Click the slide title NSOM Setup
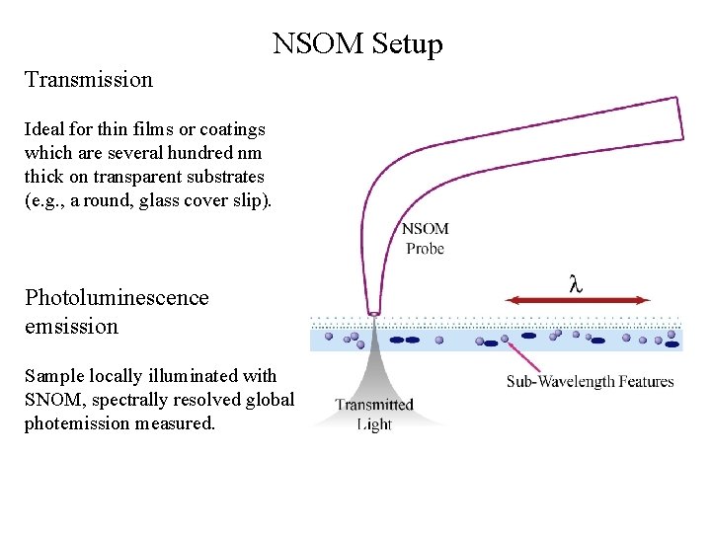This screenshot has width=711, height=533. [x=357, y=44]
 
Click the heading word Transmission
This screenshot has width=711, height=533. [x=89, y=80]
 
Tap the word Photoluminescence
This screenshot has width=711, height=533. [x=117, y=298]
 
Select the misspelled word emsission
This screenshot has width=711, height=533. [x=71, y=326]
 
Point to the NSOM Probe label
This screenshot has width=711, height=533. [x=425, y=239]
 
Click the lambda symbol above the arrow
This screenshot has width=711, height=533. [x=576, y=282]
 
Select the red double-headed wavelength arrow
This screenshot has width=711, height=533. [x=577, y=300]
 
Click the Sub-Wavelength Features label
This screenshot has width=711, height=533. [x=590, y=381]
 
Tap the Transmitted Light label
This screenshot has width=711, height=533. [x=374, y=415]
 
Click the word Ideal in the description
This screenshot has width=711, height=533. [x=45, y=129]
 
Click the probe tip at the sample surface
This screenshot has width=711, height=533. [x=374, y=314]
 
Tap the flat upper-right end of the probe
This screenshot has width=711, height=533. [x=680, y=118]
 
